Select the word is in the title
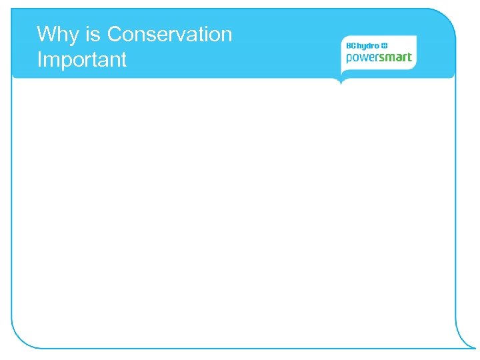[x=94, y=34]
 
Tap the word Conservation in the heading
[x=169, y=34]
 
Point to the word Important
[x=82, y=60]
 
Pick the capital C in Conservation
[x=115, y=34]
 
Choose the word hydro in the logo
[x=369, y=45]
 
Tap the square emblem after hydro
[x=384, y=45]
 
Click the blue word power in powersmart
[x=363, y=59]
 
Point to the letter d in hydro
[x=370, y=45]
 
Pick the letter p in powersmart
[x=349, y=59]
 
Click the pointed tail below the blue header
[x=341, y=81]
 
